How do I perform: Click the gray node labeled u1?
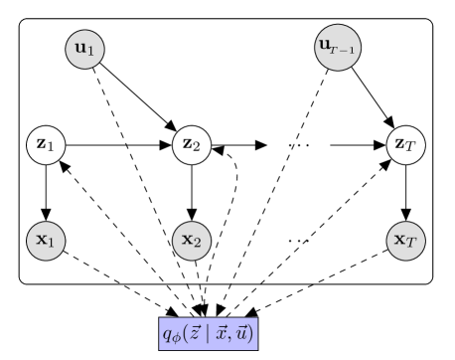click(84, 49)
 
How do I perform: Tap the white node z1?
click(45, 145)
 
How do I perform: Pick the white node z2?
click(191, 145)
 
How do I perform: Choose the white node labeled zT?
click(406, 145)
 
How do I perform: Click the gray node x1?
click(46, 240)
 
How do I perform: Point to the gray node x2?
click(191, 240)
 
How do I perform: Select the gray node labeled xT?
click(406, 240)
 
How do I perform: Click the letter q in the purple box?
click(167, 333)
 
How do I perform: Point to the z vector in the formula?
click(191, 332)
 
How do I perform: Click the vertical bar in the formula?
click(203, 333)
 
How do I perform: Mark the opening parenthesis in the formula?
click(183, 333)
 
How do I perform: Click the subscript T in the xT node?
click(413, 244)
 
